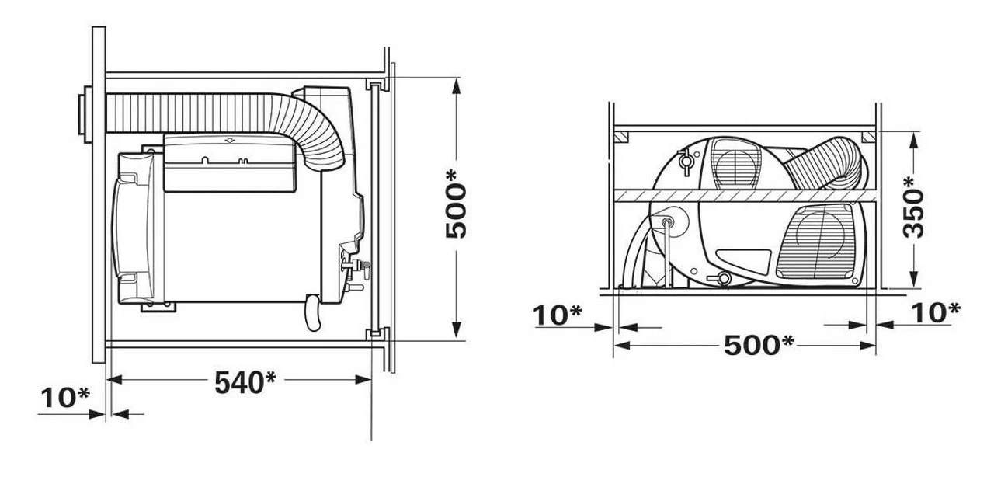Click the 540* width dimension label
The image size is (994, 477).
pos(245,381)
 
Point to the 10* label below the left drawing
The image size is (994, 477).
pos(64,397)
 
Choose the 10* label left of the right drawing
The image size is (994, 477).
pos(558,314)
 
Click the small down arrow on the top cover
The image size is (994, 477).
pos(229,140)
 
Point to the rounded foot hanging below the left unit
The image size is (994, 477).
pos(312,312)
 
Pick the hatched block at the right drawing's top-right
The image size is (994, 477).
pos(869,138)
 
